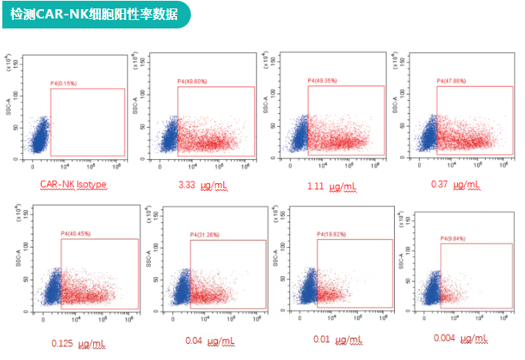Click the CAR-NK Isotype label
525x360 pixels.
point(73,185)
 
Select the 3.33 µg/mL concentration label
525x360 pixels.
point(202,186)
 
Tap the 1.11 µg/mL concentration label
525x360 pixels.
point(332,186)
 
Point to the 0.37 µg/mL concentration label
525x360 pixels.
point(456,185)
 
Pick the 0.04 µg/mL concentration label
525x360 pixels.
point(208,340)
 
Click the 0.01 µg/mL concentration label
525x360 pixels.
point(336,339)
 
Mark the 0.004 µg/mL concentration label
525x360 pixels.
point(461,339)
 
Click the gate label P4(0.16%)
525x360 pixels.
point(64,83)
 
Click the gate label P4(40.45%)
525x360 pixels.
point(75,234)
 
